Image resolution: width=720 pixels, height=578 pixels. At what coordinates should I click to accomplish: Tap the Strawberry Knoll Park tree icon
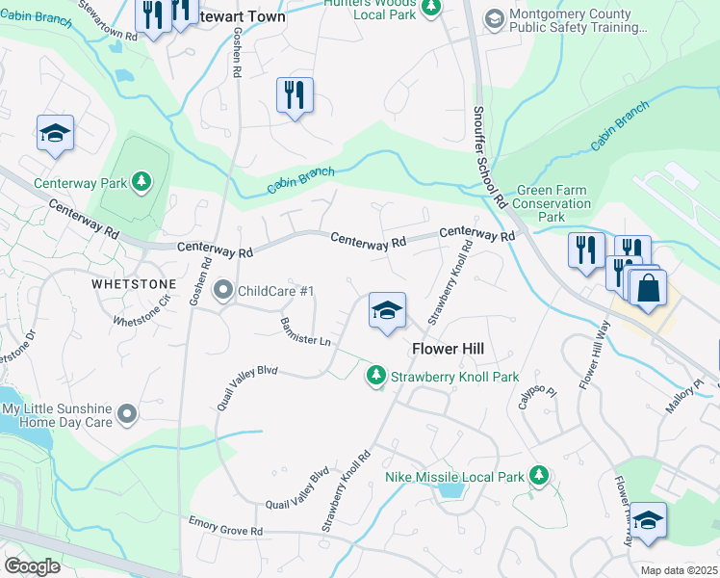click(375, 377)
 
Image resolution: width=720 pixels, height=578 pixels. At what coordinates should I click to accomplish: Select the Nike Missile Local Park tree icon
click(539, 476)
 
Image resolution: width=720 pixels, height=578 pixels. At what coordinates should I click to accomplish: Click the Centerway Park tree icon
click(141, 181)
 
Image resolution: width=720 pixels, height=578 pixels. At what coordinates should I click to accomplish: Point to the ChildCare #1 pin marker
click(223, 290)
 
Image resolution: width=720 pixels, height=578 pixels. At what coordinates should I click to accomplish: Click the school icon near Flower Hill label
click(386, 310)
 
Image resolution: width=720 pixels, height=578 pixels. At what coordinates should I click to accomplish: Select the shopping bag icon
click(649, 287)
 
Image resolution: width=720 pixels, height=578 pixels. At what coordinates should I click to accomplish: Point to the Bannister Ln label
click(305, 330)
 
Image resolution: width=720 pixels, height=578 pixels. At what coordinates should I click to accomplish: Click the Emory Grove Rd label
click(225, 530)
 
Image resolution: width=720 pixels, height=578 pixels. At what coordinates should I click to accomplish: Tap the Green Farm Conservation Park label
click(552, 204)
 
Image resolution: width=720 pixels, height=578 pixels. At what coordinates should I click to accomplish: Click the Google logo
click(32, 566)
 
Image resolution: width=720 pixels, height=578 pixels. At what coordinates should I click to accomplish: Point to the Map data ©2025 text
click(679, 570)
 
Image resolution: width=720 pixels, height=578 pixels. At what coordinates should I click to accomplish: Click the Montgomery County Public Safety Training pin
click(494, 20)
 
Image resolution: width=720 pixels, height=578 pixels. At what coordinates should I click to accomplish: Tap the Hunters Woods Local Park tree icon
click(432, 8)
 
